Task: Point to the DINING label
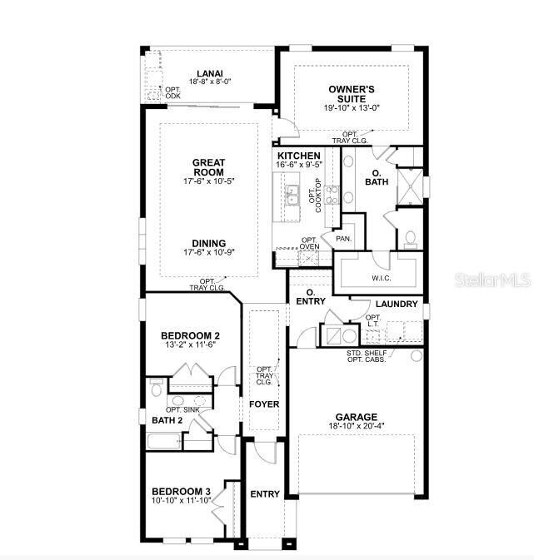coord(209,244)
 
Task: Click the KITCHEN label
coord(298,156)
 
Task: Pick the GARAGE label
coord(357,417)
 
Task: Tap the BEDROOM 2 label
coord(190,335)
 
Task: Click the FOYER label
coord(264,404)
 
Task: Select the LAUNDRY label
coord(396,304)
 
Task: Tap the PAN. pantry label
coord(343,238)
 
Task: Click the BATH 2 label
coord(167,420)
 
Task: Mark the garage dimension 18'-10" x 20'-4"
coord(357,427)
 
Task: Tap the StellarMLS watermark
coord(492,280)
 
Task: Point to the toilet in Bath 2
coord(156,389)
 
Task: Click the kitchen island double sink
coord(292,197)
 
